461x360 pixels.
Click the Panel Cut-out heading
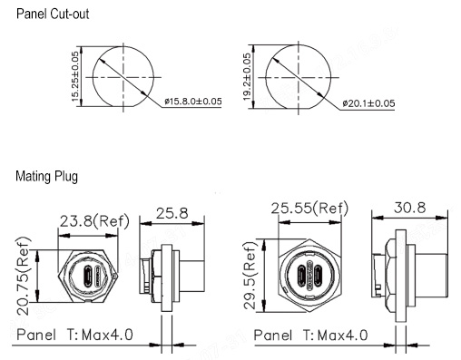click(53, 14)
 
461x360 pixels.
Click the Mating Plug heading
click(47, 176)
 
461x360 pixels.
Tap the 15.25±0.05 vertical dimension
click(75, 76)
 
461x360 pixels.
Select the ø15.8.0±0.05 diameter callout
click(193, 102)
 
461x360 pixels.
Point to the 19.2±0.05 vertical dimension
click(247, 77)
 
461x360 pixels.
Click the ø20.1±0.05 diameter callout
click(368, 103)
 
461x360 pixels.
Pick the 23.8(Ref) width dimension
click(94, 221)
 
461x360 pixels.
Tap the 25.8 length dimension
click(172, 213)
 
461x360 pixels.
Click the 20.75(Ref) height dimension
click(23, 277)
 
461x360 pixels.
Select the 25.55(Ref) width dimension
click(309, 209)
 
